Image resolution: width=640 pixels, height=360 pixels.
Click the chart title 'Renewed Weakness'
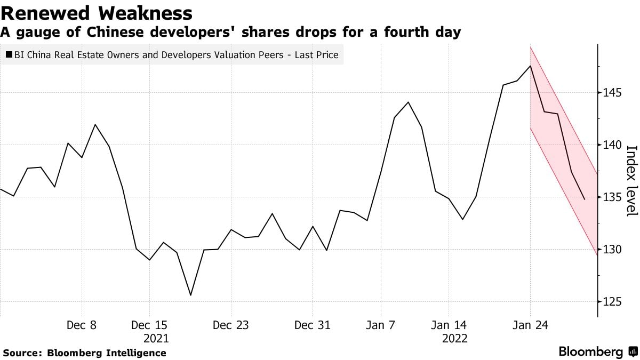(x=97, y=12)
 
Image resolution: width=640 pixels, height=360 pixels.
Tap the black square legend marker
(x=9, y=55)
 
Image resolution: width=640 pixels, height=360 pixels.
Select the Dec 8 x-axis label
(x=82, y=325)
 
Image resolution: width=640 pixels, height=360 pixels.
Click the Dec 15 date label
(x=149, y=325)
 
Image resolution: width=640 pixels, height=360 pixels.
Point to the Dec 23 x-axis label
(x=230, y=325)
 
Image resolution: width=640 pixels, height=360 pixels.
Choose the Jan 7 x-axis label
(x=380, y=325)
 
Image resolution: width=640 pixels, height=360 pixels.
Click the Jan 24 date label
(x=530, y=325)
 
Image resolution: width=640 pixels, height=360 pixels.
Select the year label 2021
(x=156, y=338)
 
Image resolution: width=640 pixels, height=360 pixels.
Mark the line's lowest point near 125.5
(x=190, y=295)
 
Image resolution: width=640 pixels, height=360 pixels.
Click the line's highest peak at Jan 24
(x=530, y=66)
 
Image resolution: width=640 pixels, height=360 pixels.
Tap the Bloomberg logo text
(x=591, y=352)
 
